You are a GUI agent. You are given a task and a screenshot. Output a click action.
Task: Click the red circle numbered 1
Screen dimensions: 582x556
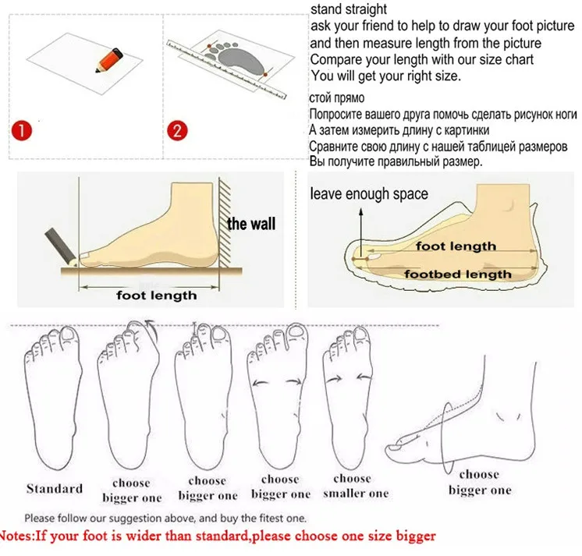pos(22,130)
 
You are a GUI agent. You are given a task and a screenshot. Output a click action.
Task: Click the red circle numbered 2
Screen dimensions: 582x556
pos(177,130)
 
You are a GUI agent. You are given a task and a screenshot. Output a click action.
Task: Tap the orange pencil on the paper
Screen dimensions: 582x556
pos(109,60)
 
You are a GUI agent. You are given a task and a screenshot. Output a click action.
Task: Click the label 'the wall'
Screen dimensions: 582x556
pos(251,224)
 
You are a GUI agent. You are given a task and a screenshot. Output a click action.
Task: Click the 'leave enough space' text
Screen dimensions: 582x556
pos(369,194)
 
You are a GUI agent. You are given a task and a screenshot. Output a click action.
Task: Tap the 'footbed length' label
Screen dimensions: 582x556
pos(458,274)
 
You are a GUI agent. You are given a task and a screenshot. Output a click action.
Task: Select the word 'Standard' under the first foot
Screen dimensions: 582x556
pos(55,488)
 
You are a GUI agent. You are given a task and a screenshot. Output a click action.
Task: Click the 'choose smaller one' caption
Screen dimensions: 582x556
pos(355,486)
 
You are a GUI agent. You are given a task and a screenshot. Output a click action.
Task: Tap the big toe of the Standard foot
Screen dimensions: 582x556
pos(69,334)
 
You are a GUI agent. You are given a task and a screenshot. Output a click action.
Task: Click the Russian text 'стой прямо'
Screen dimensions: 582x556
pos(337,98)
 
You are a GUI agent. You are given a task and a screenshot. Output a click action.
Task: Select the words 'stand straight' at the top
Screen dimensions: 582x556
pos(349,9)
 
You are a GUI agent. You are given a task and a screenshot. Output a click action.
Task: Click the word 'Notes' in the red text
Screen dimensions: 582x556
pos(16,536)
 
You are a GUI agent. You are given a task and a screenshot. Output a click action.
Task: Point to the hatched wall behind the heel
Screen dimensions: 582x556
pos(225,222)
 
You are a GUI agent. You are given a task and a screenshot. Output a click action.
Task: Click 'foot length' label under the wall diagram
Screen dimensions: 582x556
pos(156,296)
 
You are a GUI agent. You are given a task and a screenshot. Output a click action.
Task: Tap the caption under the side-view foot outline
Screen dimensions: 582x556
pos(480,482)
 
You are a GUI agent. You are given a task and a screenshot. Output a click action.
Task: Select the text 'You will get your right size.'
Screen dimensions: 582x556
pos(385,76)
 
